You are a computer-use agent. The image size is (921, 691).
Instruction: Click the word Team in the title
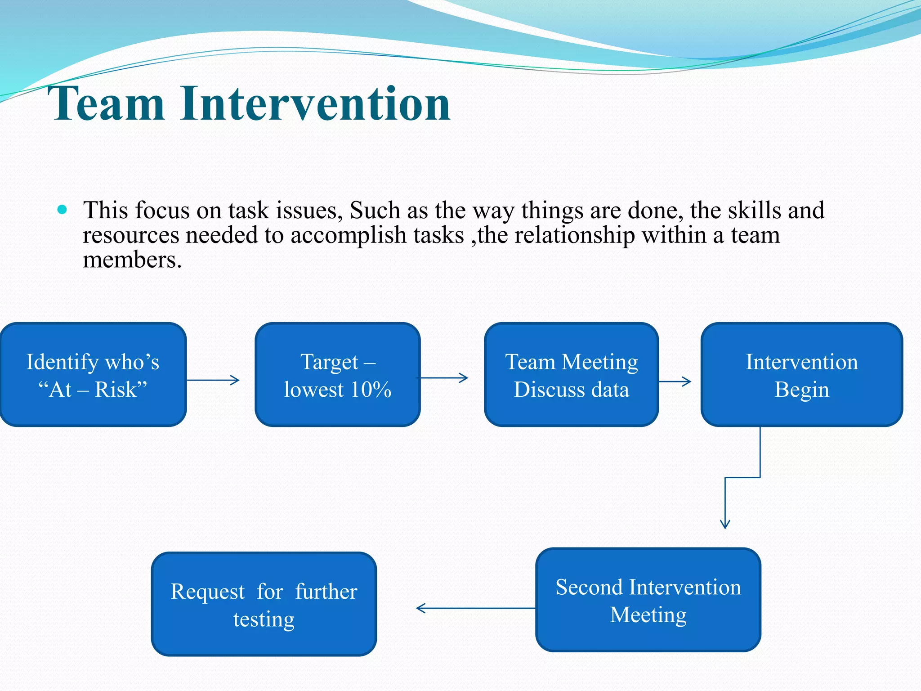pos(107,104)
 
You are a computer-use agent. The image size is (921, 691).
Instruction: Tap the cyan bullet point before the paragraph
pos(63,210)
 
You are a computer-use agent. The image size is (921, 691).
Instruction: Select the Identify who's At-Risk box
pos(93,375)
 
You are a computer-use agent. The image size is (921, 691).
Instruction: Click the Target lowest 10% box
pos(337,375)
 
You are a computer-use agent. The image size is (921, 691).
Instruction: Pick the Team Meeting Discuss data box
pos(571,375)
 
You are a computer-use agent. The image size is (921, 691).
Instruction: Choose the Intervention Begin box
pos(801,375)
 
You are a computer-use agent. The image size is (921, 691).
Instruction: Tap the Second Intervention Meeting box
pos(648,600)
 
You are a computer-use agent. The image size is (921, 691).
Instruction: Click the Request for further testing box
pos(264,604)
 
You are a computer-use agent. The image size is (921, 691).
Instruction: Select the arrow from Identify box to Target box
pos(213,380)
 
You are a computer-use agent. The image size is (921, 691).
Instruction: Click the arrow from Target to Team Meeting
pos(444,378)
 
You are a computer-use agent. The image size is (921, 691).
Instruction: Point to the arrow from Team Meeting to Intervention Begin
pos(675,381)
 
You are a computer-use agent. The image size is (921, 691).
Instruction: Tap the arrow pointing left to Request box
pos(475,608)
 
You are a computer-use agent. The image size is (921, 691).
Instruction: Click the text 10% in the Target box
pos(371,390)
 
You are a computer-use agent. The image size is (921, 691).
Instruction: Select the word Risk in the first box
pos(116,390)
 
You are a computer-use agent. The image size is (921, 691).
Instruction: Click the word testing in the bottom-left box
pos(264,619)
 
